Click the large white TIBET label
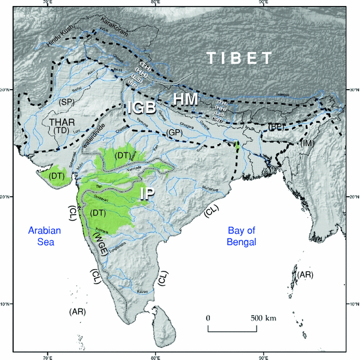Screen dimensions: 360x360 [x=239, y=58]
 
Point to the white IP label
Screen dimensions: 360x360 [x=149, y=194]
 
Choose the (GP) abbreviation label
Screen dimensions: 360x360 [x=175, y=132]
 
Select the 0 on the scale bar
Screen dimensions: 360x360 [x=208, y=317]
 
